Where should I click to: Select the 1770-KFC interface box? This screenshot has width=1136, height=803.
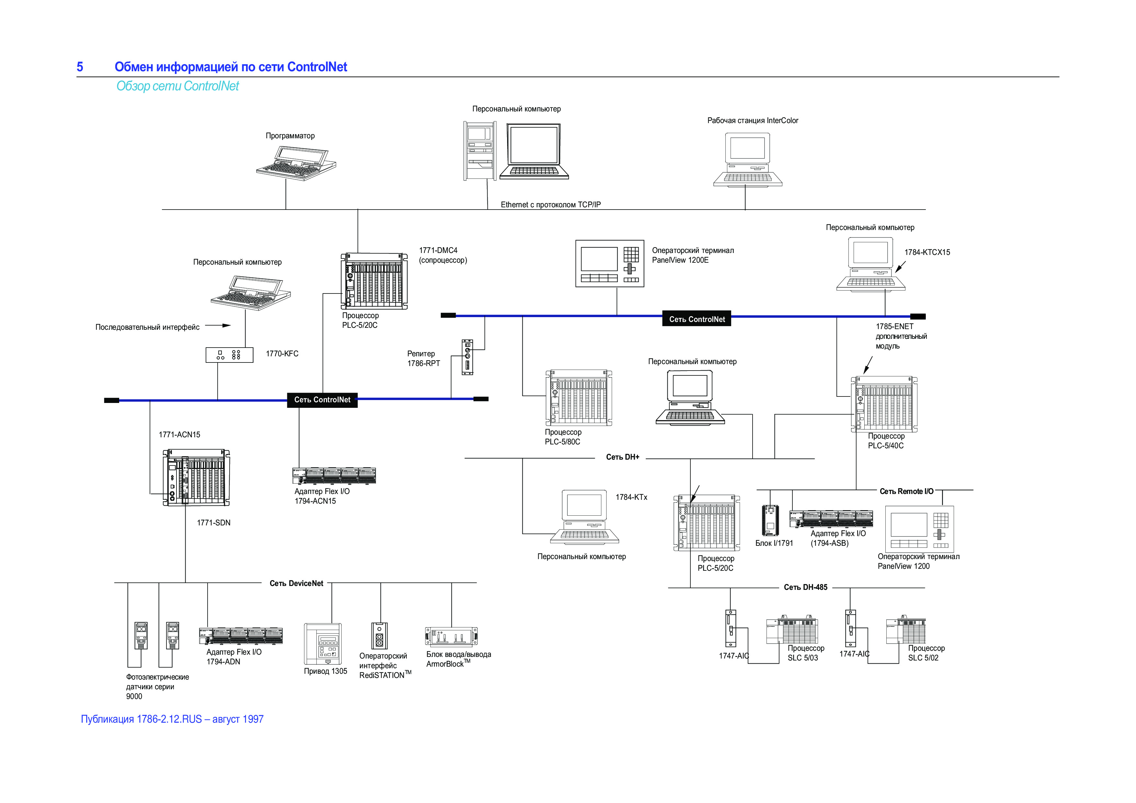(x=229, y=355)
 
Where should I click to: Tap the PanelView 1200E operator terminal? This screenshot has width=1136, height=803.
(x=609, y=263)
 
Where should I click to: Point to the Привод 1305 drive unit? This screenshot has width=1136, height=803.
(x=323, y=644)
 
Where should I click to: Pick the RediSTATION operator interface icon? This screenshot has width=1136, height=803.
(x=380, y=635)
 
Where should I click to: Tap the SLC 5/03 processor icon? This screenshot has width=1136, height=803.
(x=792, y=630)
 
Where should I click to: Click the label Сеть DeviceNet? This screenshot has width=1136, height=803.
(x=296, y=583)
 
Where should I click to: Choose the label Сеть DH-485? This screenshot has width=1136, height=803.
(x=805, y=587)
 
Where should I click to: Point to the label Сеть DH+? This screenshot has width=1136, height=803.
(x=622, y=457)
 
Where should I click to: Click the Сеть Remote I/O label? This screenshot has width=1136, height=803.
(x=906, y=491)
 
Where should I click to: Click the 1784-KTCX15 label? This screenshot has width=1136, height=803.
(x=927, y=252)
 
